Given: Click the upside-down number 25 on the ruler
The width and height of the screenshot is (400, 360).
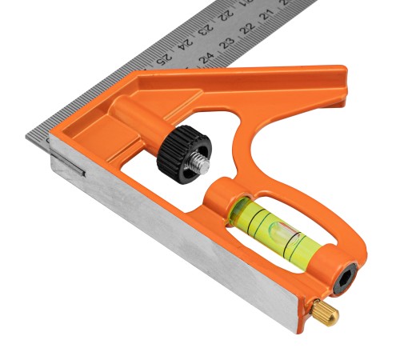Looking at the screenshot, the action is pyautogui.click(x=163, y=59).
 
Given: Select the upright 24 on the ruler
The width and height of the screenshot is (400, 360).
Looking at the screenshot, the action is pyautogui.click(x=206, y=58).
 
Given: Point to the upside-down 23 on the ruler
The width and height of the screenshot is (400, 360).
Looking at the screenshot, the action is pyautogui.click(x=206, y=30).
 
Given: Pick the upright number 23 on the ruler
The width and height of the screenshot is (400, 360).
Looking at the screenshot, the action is pyautogui.click(x=227, y=42).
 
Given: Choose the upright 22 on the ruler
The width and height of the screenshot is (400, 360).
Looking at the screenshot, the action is pyautogui.click(x=247, y=28).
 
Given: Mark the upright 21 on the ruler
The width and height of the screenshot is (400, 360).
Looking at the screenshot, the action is pyautogui.click(x=267, y=14).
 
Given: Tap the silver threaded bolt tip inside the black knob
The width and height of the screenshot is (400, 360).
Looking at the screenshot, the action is pyautogui.click(x=201, y=165).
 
